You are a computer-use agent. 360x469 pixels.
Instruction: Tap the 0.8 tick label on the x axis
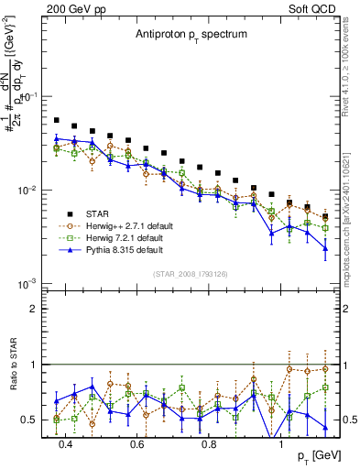pyautogui.click(x=209, y=444)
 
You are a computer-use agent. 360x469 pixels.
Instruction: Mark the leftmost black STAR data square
pyautogui.click(x=57, y=120)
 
